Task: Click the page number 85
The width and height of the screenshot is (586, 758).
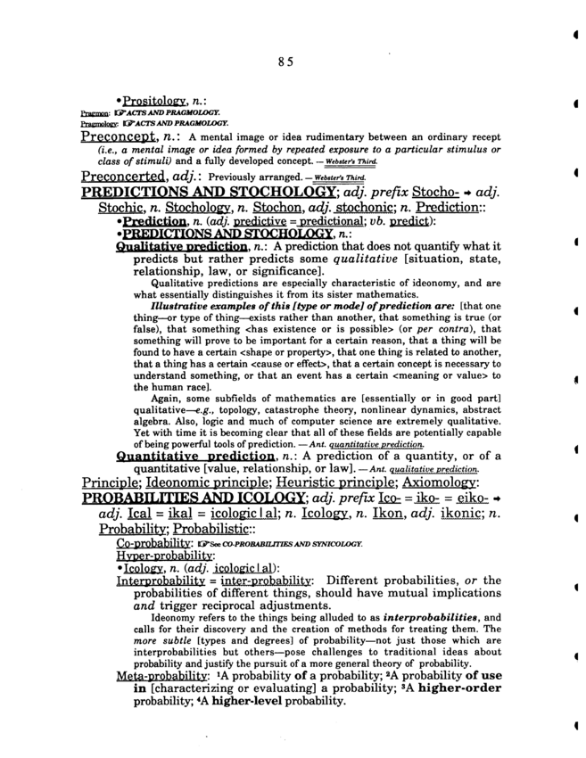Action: click(x=285, y=61)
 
